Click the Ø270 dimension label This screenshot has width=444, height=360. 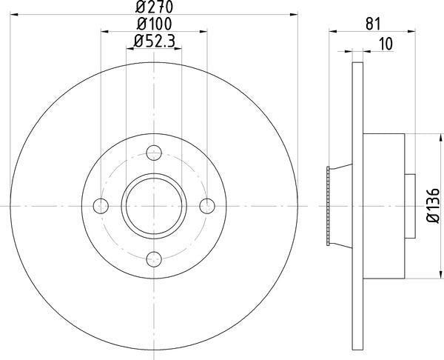154,7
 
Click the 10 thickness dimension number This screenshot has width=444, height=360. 385,44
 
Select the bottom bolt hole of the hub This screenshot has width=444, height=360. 154,258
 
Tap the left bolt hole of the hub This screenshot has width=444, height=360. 102,205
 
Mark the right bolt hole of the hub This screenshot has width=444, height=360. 206,205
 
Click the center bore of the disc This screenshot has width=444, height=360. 154,205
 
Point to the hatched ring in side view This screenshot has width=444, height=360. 328,205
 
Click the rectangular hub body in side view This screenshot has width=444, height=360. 385,205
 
